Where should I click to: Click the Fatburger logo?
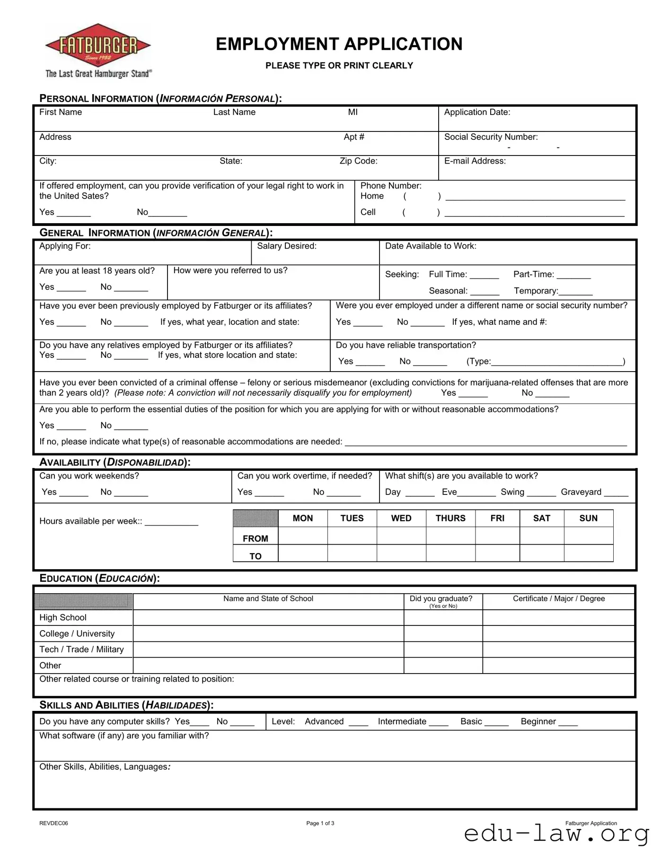click(98, 50)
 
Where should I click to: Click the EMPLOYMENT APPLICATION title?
click(339, 44)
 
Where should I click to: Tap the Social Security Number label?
click(491, 137)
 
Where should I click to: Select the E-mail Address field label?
click(475, 161)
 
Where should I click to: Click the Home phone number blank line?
click(535, 198)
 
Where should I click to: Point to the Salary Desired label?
click(287, 246)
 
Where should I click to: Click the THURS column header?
click(450, 518)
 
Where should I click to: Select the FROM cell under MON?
click(303, 536)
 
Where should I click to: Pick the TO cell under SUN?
click(588, 553)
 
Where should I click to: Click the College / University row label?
click(77, 633)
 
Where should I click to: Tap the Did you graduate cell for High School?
click(443, 617)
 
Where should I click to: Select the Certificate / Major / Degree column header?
click(559, 598)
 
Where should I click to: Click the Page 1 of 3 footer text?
click(320, 823)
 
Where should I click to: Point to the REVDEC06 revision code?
click(53, 823)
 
